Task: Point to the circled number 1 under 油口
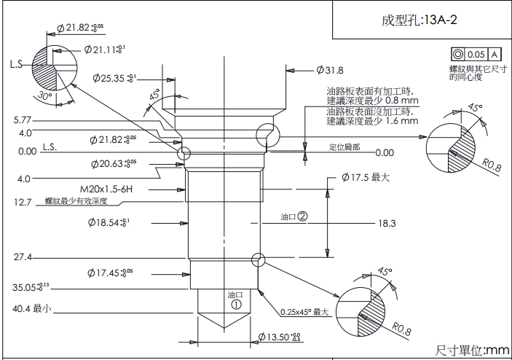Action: tap(235, 305)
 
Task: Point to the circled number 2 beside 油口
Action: tap(302, 216)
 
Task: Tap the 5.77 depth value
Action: tap(23, 120)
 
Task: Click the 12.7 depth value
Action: tap(23, 203)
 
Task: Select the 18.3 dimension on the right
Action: tap(387, 224)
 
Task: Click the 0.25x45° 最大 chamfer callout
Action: tap(306, 313)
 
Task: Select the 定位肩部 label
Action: tap(343, 148)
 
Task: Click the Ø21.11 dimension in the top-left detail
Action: tap(103, 50)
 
